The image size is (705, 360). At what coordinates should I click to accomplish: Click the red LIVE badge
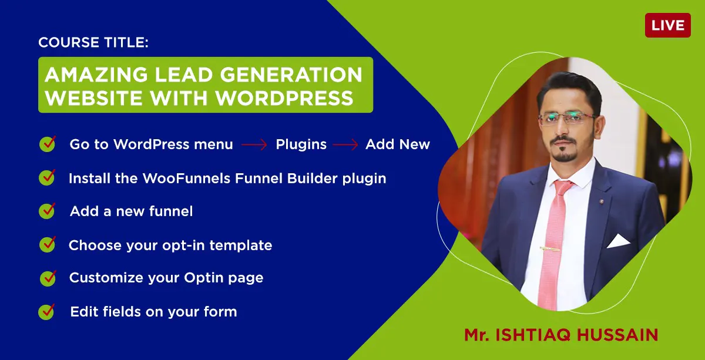coord(668,25)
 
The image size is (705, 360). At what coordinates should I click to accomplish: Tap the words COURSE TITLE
coord(93,42)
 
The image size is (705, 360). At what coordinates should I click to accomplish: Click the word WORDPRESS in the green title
coord(284,97)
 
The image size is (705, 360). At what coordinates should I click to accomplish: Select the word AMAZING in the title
coord(96,75)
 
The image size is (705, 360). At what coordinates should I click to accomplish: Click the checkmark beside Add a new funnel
coord(47,210)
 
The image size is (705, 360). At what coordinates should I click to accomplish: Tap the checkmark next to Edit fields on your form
coord(46,311)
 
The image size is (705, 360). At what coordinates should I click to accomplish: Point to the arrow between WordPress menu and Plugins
coord(254,144)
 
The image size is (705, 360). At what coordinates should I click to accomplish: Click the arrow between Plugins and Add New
coord(345,144)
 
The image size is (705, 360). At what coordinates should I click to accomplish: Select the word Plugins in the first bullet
coord(301,144)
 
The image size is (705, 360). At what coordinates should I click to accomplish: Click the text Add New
coord(398,144)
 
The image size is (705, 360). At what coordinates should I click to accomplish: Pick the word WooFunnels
coord(187,178)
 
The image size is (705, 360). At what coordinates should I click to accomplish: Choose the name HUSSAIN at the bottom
coord(617,335)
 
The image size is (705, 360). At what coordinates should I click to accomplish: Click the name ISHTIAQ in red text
coord(533,335)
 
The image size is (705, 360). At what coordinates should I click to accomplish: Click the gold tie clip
coord(550,249)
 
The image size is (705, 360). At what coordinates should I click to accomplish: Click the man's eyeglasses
coord(566,119)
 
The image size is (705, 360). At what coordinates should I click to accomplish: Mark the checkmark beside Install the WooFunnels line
coord(47,177)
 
